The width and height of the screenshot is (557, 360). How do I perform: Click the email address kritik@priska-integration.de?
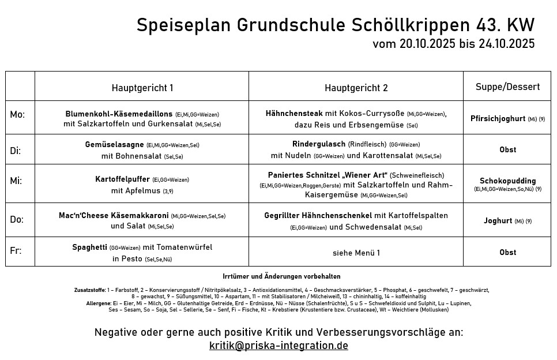tap(278, 346)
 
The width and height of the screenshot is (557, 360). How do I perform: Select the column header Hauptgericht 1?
tap(142, 88)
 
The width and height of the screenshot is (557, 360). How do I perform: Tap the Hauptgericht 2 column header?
tap(356, 88)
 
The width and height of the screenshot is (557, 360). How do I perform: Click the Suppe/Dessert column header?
tap(507, 87)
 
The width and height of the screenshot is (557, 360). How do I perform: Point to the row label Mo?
tap(17, 114)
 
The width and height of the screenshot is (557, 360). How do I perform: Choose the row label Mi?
tap(16, 181)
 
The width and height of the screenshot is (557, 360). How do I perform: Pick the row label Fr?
tap(16, 252)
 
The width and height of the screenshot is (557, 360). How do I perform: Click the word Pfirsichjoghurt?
tap(498, 119)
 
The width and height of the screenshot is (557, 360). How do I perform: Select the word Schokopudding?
tap(507, 181)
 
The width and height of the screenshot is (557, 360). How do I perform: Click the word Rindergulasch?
tap(319, 144)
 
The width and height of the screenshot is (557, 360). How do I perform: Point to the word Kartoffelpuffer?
tap(122, 179)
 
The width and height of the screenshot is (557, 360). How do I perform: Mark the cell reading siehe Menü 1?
tap(356, 252)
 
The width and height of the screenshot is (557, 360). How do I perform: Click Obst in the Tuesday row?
tap(507, 149)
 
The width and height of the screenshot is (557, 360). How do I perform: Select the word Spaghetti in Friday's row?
tap(89, 247)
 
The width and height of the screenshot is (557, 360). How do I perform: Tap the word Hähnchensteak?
tap(294, 114)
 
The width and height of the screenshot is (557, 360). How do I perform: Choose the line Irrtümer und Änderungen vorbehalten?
tap(281, 276)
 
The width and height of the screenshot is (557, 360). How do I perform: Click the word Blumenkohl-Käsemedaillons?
tap(119, 114)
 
